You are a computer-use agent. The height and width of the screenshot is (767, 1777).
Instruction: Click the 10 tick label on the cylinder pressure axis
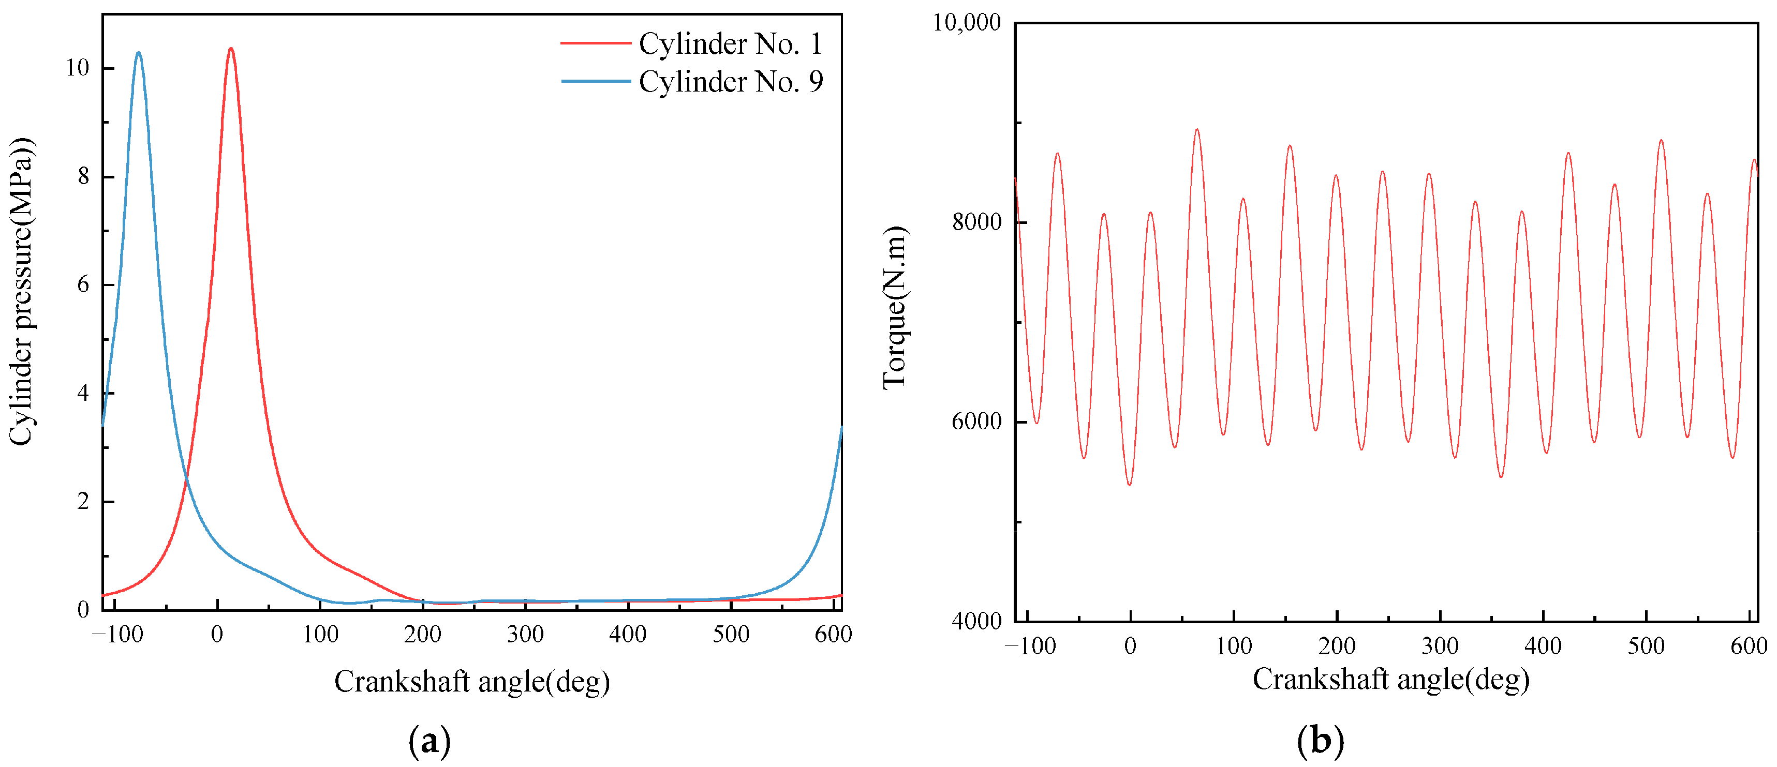[x=77, y=68]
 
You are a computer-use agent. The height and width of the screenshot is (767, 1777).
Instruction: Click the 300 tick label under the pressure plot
[x=525, y=634]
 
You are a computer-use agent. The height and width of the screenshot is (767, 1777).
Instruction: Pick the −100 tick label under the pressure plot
[x=117, y=634]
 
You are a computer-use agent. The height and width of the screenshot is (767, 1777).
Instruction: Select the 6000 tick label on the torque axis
[x=976, y=422]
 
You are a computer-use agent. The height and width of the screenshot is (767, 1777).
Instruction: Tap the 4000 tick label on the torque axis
[x=976, y=621]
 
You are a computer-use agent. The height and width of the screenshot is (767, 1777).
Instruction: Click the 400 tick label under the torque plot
[x=1543, y=646]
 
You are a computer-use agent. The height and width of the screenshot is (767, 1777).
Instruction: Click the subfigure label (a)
[x=429, y=742]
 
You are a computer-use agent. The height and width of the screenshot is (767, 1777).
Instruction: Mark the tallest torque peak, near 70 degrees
[x=1197, y=130]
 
